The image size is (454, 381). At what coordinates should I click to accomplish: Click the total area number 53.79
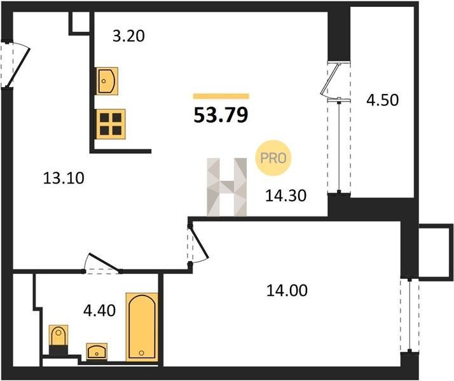click(221, 115)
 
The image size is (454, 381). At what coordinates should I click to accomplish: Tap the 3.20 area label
click(128, 36)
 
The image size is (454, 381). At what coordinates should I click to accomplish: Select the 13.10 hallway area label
click(64, 178)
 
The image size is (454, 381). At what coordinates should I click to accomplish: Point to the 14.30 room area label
click(285, 196)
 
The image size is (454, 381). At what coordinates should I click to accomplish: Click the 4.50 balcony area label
click(383, 100)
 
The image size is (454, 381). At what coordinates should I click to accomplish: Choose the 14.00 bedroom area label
click(287, 290)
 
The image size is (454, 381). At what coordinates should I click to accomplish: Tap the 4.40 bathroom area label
click(99, 311)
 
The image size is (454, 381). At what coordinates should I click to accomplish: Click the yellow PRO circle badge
click(273, 158)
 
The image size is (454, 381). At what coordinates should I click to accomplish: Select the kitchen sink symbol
click(107, 81)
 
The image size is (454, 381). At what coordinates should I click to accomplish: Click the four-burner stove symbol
click(111, 124)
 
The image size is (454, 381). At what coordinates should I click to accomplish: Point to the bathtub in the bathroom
click(142, 327)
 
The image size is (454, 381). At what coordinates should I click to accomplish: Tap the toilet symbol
click(58, 339)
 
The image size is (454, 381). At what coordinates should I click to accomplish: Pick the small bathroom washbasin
click(97, 351)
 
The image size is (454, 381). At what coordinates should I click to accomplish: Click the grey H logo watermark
click(227, 187)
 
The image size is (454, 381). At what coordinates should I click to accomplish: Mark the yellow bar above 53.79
click(221, 97)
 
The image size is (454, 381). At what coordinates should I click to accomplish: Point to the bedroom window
click(409, 315)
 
